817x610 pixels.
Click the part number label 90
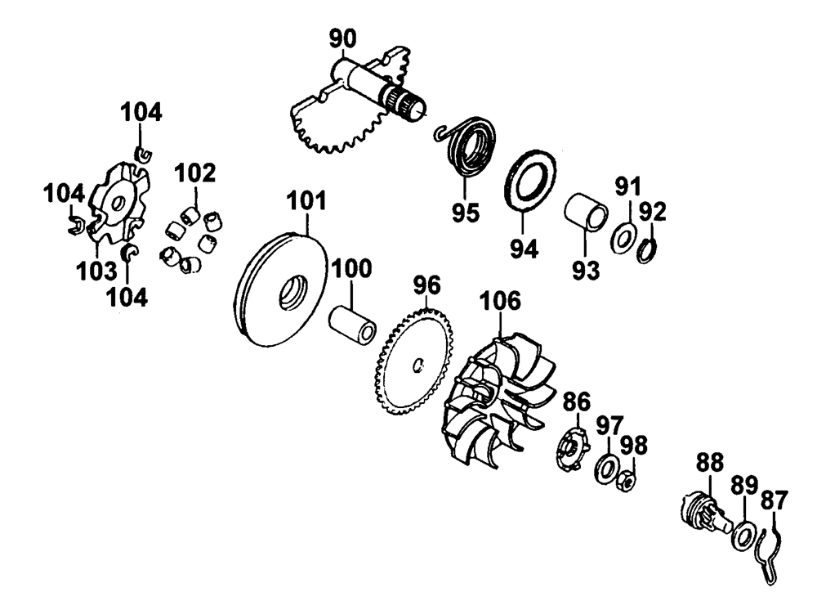pos(343,38)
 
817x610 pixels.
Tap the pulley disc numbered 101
pos(278,290)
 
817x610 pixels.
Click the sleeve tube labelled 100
pos(353,325)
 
